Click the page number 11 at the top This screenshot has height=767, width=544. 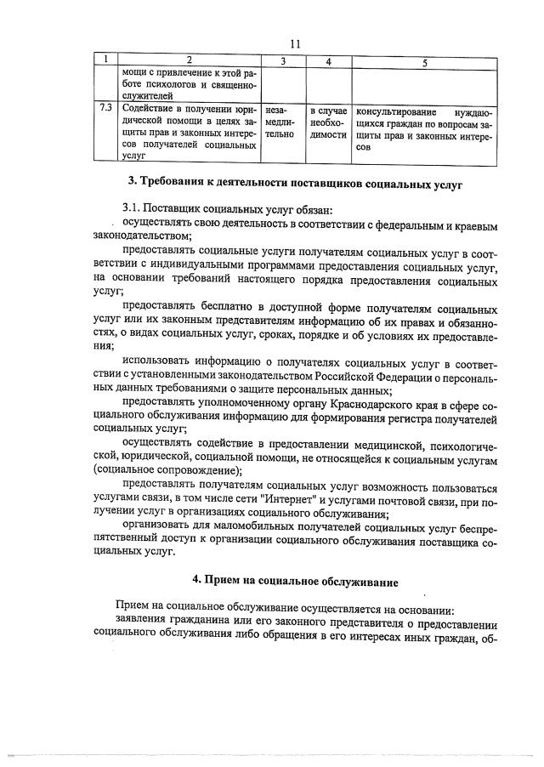(x=294, y=43)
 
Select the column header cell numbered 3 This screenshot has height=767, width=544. (x=283, y=60)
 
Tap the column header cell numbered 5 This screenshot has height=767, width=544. (x=424, y=60)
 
